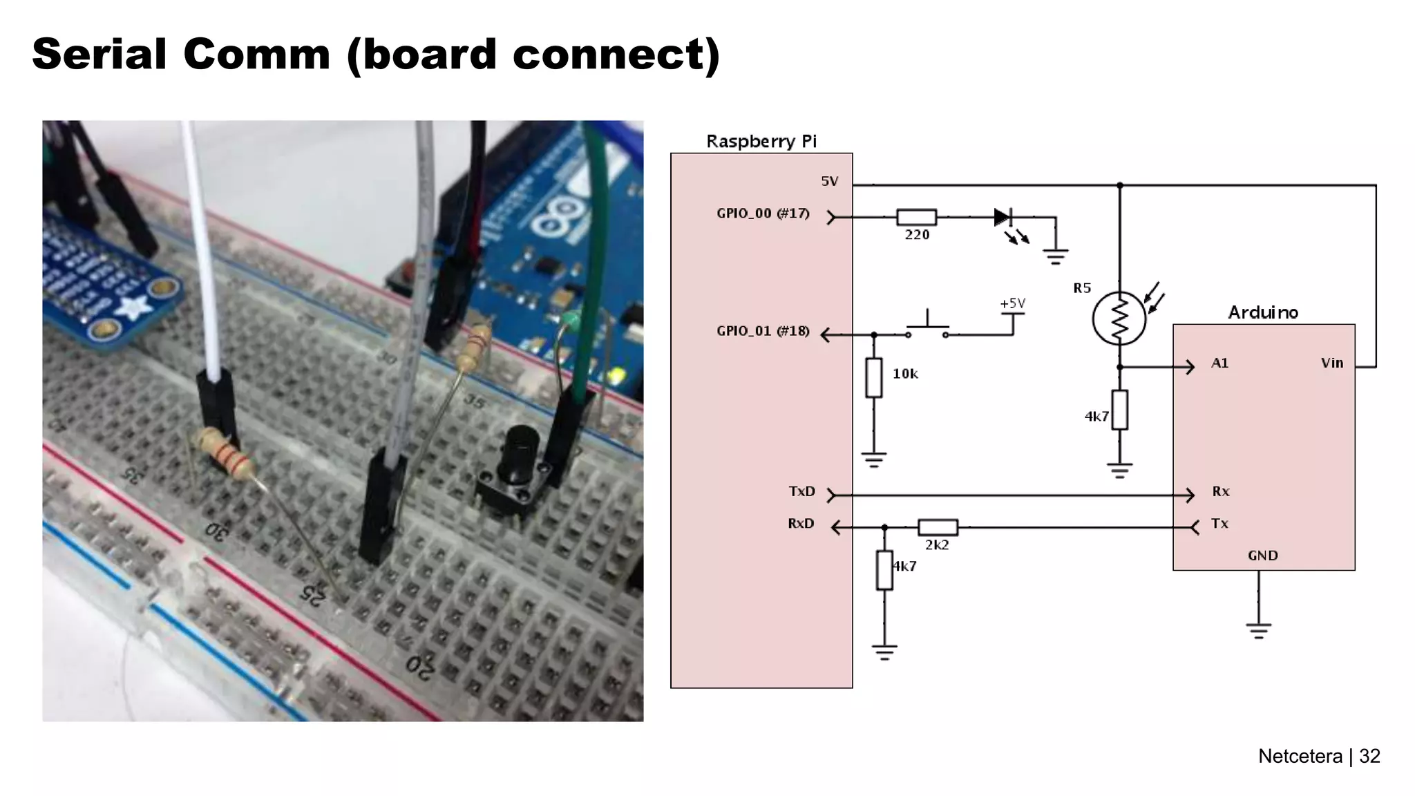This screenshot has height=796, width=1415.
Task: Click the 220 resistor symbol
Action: tap(916, 217)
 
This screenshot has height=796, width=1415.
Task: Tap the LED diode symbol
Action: tap(1003, 217)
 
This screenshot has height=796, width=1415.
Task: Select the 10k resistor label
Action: tap(904, 374)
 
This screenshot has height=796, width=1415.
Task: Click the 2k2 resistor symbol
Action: tap(938, 528)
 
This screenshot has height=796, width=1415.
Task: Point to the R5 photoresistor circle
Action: tap(1119, 319)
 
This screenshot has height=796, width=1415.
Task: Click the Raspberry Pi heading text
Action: tap(761, 142)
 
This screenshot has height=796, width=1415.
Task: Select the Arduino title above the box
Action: tap(1262, 312)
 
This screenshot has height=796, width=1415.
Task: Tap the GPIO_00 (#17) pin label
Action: tap(762, 214)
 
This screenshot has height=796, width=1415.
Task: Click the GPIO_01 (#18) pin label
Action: tap(762, 331)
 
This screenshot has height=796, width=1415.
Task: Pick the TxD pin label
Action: tap(801, 491)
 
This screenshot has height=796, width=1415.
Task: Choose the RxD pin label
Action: tap(801, 524)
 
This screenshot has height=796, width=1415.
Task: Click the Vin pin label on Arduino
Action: tap(1331, 363)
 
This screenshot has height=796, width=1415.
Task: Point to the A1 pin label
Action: tap(1219, 363)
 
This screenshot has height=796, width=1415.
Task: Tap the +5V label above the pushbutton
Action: tap(1012, 303)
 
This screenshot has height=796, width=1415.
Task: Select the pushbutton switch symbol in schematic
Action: tap(927, 328)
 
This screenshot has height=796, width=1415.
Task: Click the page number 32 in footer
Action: tap(1369, 756)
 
